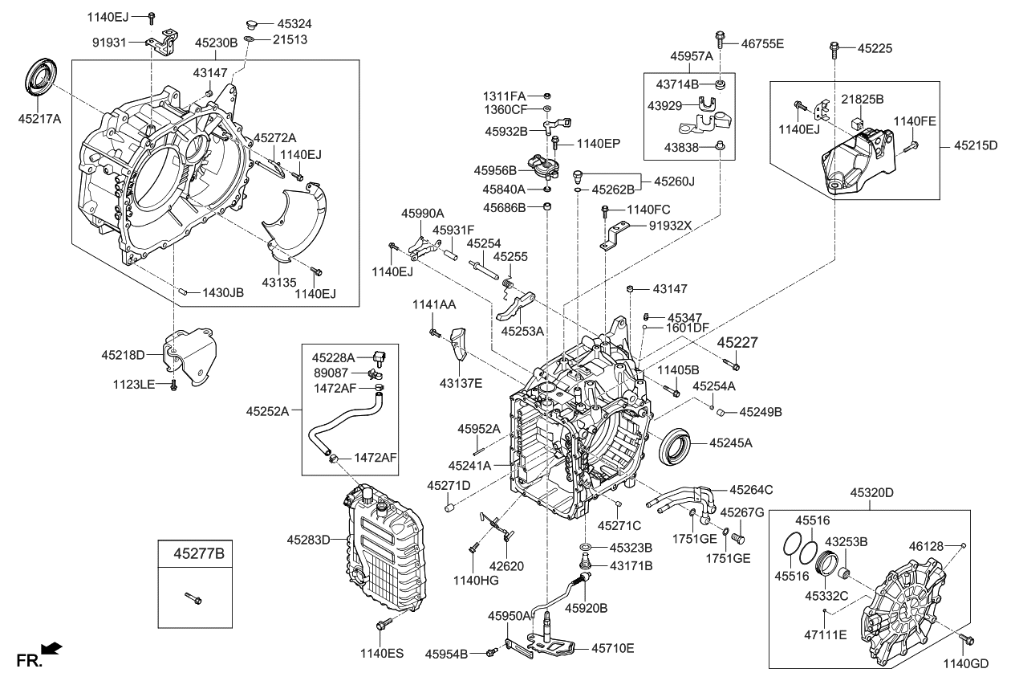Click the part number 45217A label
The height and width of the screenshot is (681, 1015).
pos(39,119)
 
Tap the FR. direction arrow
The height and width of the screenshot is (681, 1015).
pos(52,648)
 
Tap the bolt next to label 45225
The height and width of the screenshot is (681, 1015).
pos(836,49)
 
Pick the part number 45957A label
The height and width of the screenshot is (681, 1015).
pos(692,56)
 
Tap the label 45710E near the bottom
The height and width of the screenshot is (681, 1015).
pos(613,647)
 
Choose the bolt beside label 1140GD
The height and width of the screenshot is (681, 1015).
pos(966,640)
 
